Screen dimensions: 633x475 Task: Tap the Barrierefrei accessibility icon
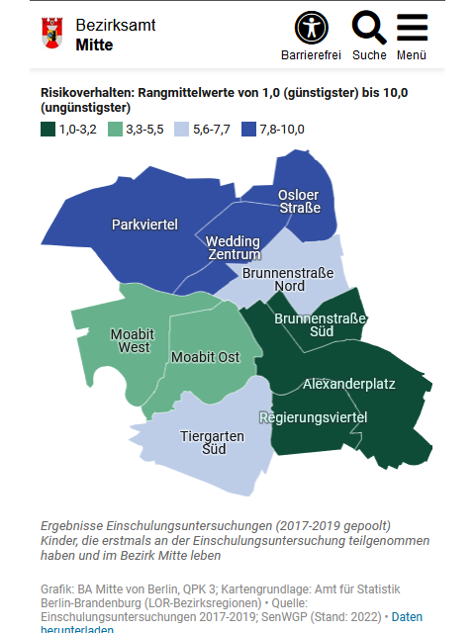point(311,27)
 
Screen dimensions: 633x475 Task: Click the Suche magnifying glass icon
point(369,27)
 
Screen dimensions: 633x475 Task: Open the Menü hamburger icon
point(412,27)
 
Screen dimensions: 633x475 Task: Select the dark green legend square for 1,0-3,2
point(47,129)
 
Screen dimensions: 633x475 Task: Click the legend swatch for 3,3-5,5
point(115,129)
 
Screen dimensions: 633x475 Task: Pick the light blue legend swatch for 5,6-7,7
point(181,129)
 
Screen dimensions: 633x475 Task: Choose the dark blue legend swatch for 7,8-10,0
point(249,129)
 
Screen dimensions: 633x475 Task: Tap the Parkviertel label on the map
point(144,225)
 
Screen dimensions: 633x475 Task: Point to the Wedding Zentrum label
point(233,248)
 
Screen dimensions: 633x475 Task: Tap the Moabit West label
point(131,340)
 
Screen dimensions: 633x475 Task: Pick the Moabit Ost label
point(205,357)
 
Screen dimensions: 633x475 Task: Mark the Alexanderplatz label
point(349,383)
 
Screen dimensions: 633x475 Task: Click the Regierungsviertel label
point(313,417)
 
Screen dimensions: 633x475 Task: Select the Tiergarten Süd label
point(203,442)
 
